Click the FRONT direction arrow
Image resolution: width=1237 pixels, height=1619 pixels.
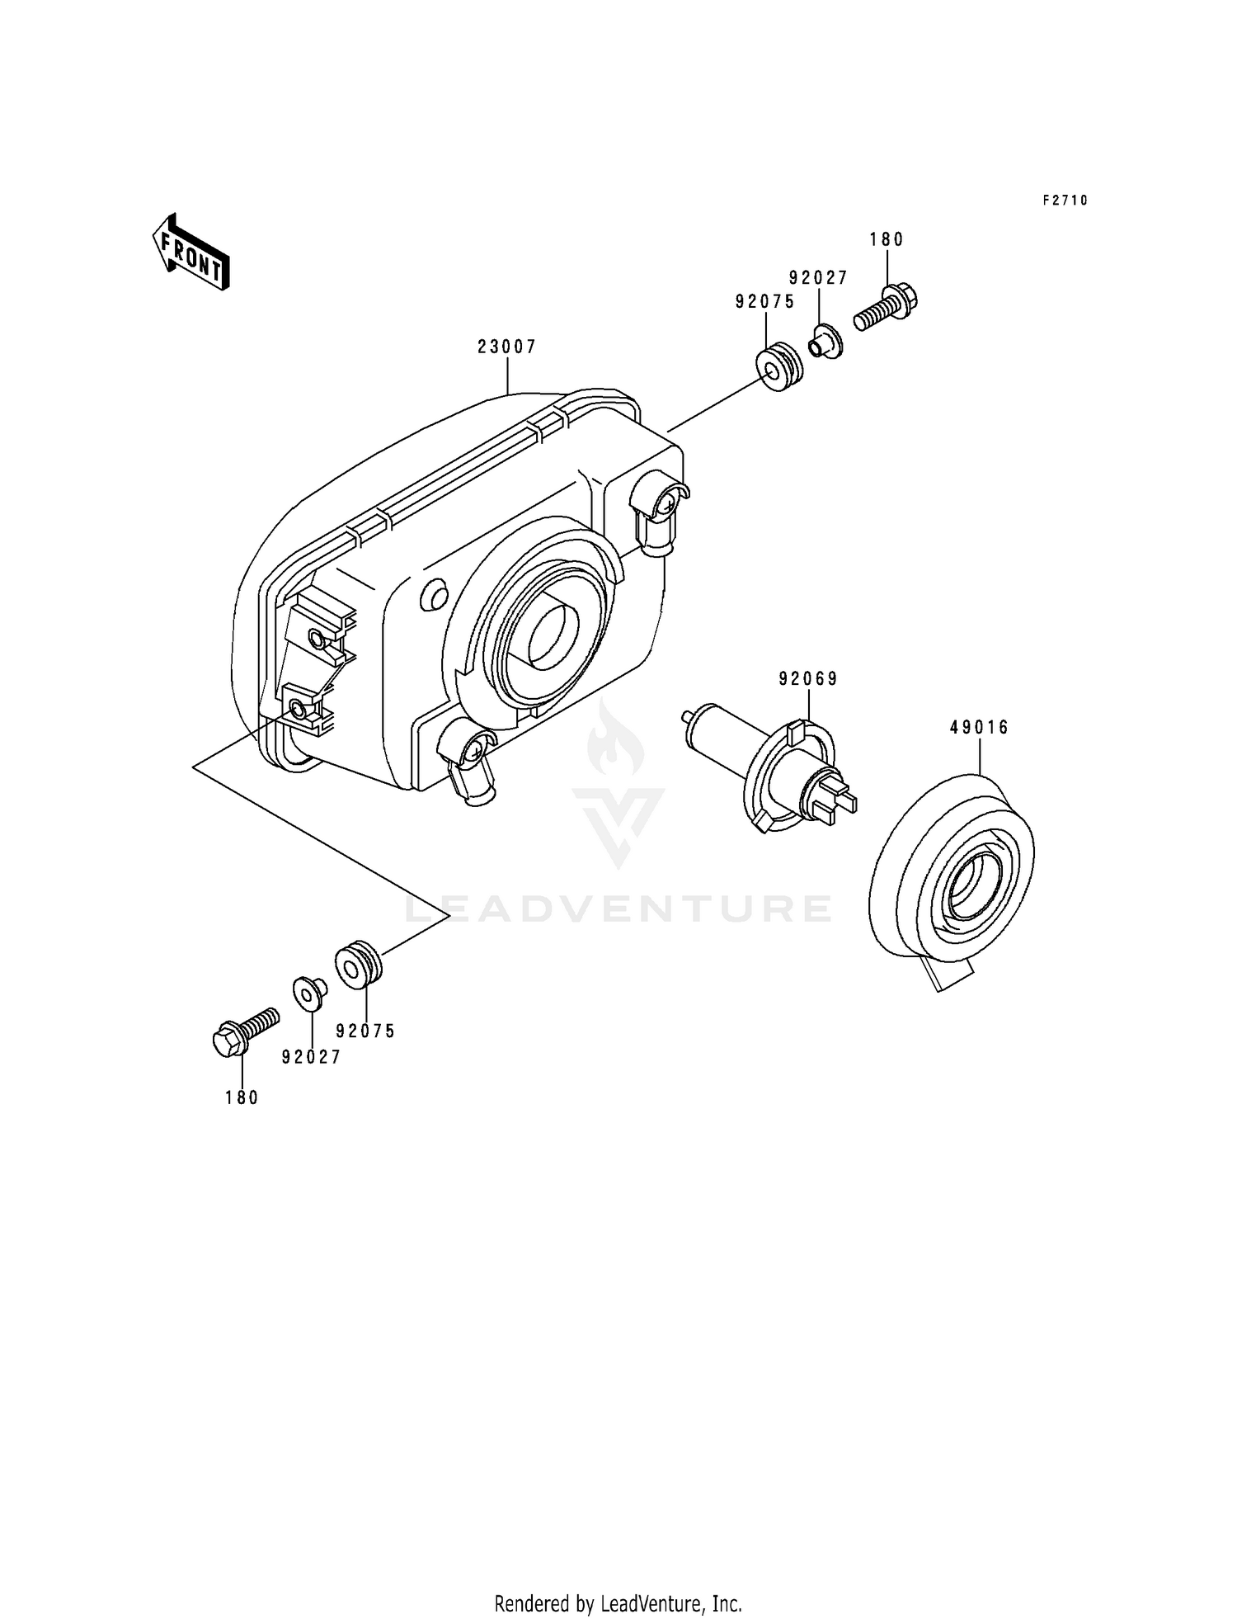190,252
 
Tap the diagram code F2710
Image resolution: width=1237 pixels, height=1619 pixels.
1065,201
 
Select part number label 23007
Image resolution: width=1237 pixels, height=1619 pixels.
507,347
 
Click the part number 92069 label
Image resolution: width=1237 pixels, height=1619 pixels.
808,679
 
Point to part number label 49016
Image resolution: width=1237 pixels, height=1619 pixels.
980,728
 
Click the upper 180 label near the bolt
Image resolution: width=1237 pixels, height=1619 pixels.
887,240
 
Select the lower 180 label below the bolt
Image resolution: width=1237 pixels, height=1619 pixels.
242,1097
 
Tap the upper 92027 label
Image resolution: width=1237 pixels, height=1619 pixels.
818,279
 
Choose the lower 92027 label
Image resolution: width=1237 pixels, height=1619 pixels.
311,1057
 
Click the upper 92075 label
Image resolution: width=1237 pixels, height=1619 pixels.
765,302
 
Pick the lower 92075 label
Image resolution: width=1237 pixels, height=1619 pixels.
366,1031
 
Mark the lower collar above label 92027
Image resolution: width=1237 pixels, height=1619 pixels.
310,992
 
